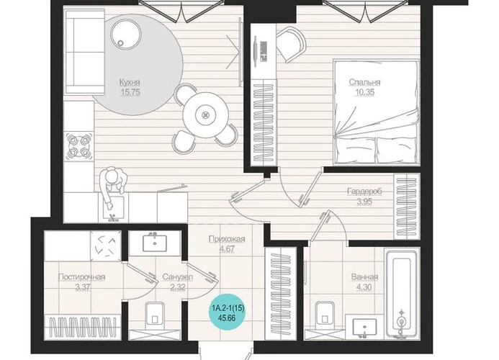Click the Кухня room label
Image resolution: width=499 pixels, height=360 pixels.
[x=130, y=82]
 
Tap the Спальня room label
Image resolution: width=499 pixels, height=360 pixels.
[x=364, y=82]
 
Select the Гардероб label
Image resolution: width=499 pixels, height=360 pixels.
[x=364, y=192]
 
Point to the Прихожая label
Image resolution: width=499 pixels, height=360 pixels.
[x=227, y=239]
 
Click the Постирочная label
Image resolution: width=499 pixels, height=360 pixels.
[x=82, y=277]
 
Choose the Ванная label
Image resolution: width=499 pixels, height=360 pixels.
[x=364, y=277]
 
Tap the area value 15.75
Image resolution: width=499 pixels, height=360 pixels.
[x=130, y=92]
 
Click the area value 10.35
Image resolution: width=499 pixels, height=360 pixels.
[x=364, y=92]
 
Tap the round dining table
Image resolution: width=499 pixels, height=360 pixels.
[x=206, y=115]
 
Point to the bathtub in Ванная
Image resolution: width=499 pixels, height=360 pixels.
[x=402, y=294]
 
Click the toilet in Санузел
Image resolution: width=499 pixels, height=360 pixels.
[x=155, y=316]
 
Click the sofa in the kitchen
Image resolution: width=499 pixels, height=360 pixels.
[x=85, y=52]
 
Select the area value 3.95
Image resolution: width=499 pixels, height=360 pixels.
[x=364, y=202]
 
